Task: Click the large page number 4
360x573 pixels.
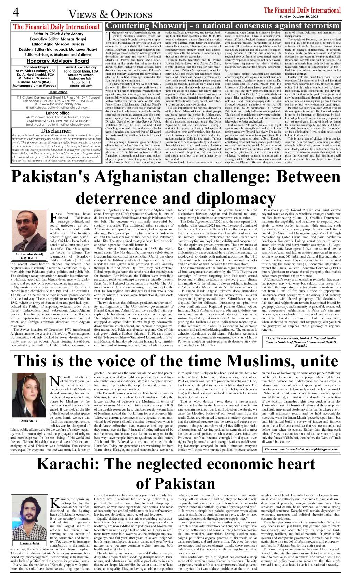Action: [x=16, y=13]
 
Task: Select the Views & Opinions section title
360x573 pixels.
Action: [x=110, y=14]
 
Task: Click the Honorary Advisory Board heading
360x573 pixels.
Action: [x=58, y=61]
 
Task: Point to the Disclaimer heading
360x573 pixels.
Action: [x=56, y=131]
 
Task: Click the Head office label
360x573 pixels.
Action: [x=58, y=92]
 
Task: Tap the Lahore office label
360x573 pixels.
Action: [x=58, y=113]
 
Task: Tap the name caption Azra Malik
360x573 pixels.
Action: [x=29, y=421]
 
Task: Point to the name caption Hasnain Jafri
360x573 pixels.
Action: [x=29, y=543]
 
